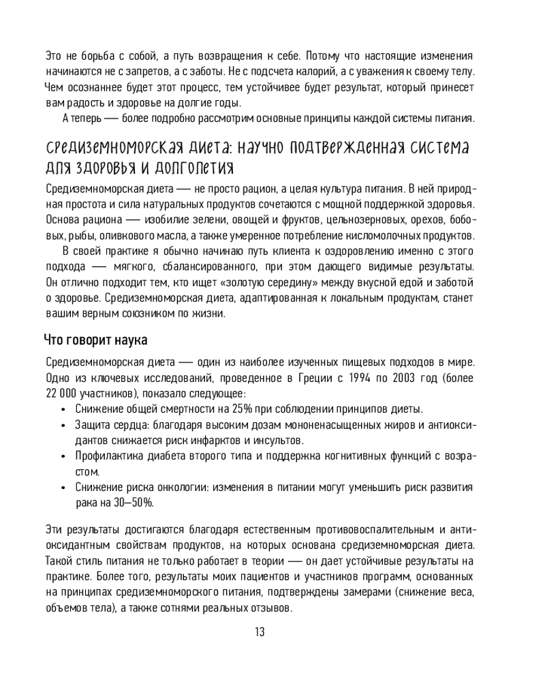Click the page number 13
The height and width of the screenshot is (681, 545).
260,631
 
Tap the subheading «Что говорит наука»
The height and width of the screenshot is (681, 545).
95,339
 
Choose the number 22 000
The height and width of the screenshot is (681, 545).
61,394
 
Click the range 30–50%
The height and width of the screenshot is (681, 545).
135,503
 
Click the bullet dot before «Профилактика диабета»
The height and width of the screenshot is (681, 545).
63,456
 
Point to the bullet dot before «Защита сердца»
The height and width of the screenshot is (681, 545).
63,425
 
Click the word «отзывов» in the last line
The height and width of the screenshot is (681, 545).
272,607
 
